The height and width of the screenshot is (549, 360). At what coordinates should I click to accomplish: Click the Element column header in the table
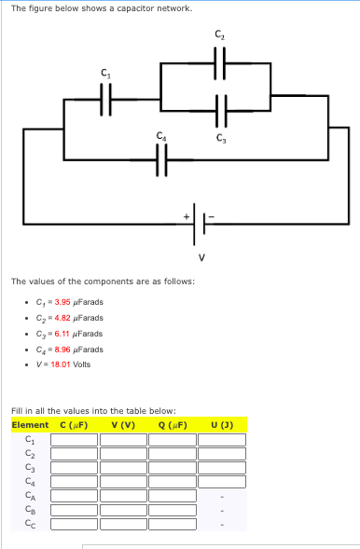pos(30,425)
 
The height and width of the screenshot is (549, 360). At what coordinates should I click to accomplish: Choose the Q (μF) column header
pos(173,425)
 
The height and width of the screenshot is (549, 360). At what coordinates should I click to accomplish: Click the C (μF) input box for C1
pos(74,440)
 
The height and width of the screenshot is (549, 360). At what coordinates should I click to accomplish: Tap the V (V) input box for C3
pos(123,468)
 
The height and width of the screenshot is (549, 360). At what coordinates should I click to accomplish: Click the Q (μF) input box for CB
pos(173,510)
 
